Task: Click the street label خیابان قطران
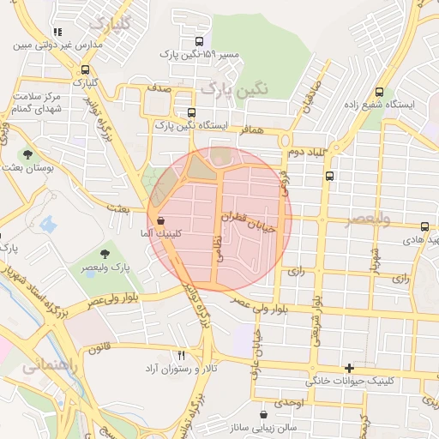[x=249, y=223]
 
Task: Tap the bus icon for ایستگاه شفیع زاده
[x=379, y=93]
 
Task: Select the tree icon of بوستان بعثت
[x=28, y=155]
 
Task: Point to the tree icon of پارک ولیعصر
[x=105, y=254]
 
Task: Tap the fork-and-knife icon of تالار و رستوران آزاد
[x=181, y=355]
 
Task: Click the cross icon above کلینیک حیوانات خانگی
[x=348, y=367]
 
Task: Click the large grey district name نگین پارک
[x=233, y=87]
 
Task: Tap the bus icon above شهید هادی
[x=425, y=226]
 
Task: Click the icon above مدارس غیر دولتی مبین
[x=57, y=33]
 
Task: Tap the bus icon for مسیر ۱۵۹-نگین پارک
[x=200, y=41]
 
